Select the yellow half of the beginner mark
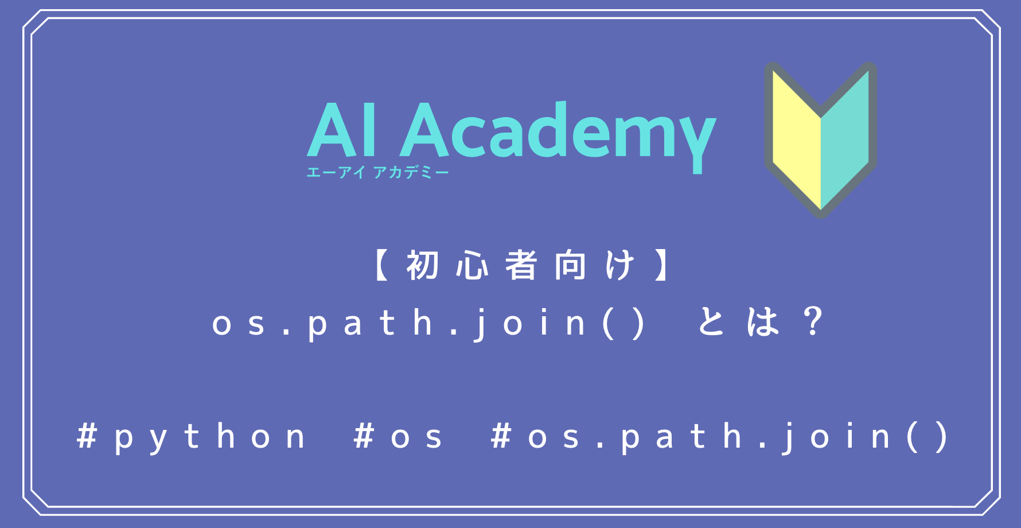tap(797, 141)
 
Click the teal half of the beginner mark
tap(845, 141)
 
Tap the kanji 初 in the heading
tap(423, 266)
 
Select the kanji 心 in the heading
tap(472, 266)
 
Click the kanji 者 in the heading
tap(521, 266)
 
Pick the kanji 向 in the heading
tap(570, 266)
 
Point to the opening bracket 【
tap(381, 266)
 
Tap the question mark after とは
tap(813, 321)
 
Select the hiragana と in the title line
tap(712, 322)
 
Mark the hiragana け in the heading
tap(619, 266)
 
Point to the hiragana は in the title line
tap(763, 322)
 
